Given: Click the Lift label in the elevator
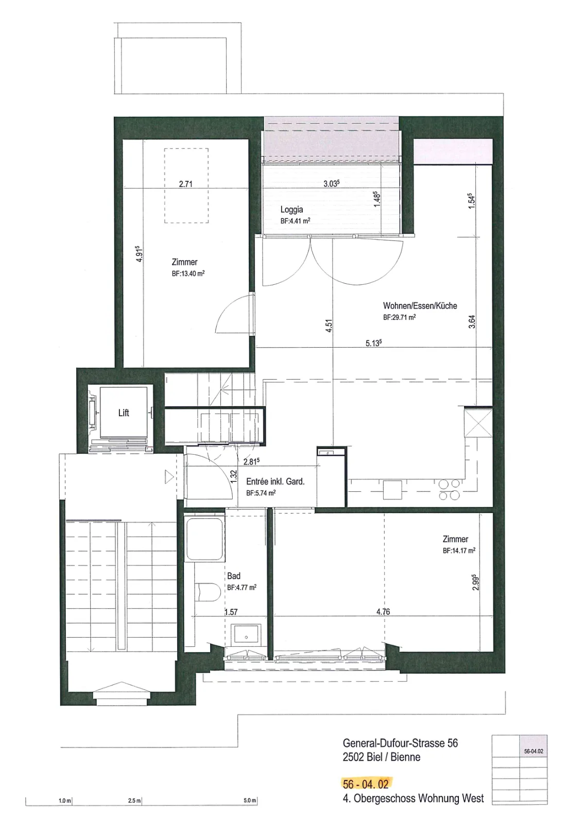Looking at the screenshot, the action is point(124,413).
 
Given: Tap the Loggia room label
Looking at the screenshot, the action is point(291,210).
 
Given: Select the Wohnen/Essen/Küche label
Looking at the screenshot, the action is point(420,306).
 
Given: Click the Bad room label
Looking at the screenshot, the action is point(234,576).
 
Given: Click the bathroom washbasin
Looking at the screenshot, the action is point(246,636).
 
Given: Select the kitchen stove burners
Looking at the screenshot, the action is point(450,490).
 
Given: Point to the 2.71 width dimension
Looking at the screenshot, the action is point(186,184).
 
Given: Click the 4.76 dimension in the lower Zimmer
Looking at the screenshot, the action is point(383,612).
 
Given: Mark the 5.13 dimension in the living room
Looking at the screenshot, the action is point(373,343).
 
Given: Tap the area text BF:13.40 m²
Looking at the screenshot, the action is point(188,273).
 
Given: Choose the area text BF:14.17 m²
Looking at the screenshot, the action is point(459,551).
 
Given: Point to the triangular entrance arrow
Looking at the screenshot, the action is point(169,477).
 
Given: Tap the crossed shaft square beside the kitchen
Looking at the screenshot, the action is point(478,422).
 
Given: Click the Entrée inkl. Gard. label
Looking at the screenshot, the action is point(276,481).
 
